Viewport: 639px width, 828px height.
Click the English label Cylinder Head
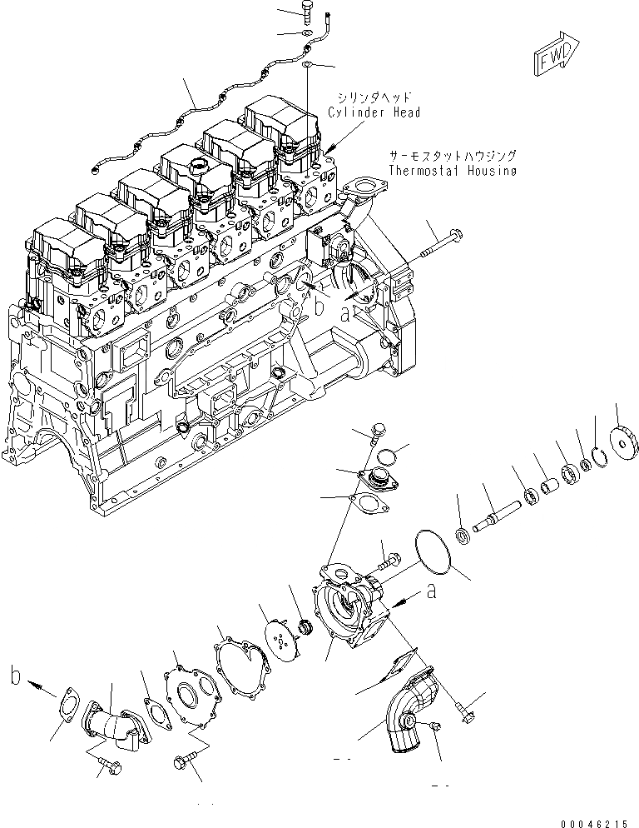pos(374,112)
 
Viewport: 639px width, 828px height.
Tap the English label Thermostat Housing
pos(452,171)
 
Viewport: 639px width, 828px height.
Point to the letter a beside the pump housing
pos(431,591)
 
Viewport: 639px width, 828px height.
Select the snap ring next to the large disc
pos(597,454)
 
